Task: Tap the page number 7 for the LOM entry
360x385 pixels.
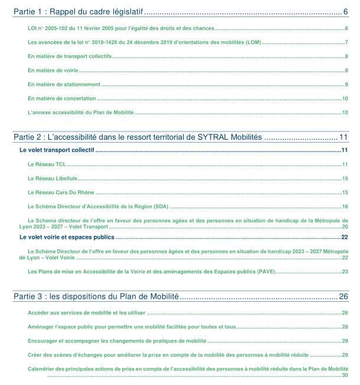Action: tap(346, 42)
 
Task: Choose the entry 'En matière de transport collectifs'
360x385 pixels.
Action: tap(70, 56)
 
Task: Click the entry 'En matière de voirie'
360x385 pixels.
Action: tap(53, 70)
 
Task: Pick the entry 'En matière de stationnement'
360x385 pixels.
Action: tap(64, 84)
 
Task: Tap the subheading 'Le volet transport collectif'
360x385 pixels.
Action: tap(57, 150)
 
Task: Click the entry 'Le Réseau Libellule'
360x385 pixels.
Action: tap(53, 178)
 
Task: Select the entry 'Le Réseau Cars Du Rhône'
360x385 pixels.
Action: tap(61, 192)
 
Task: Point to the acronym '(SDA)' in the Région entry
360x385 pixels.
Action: tap(161, 206)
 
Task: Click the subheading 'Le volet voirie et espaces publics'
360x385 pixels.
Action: tap(67, 237)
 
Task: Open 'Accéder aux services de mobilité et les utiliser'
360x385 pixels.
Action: tap(86, 312)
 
